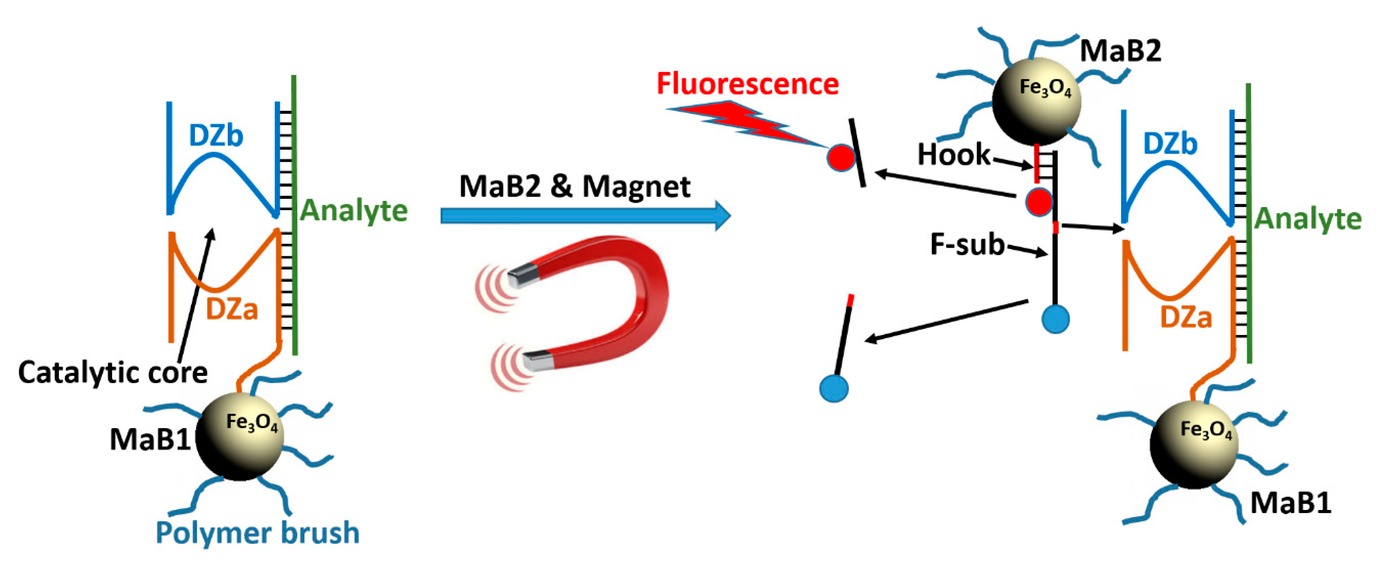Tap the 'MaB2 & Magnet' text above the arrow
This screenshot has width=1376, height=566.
point(574,186)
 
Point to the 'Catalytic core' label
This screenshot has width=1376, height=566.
point(113,372)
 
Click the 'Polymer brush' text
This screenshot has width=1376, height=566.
point(257,533)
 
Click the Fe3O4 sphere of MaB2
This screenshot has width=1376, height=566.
point(1036,101)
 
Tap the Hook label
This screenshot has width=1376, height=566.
point(954,155)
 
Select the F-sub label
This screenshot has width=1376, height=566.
point(967,245)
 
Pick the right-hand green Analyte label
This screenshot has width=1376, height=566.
point(1308,219)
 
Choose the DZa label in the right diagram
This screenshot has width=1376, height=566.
point(1186,318)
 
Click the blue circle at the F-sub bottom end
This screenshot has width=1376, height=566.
point(1055,319)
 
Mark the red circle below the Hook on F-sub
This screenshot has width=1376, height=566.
point(1039,202)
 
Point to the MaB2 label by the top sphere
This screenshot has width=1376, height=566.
point(1120,51)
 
